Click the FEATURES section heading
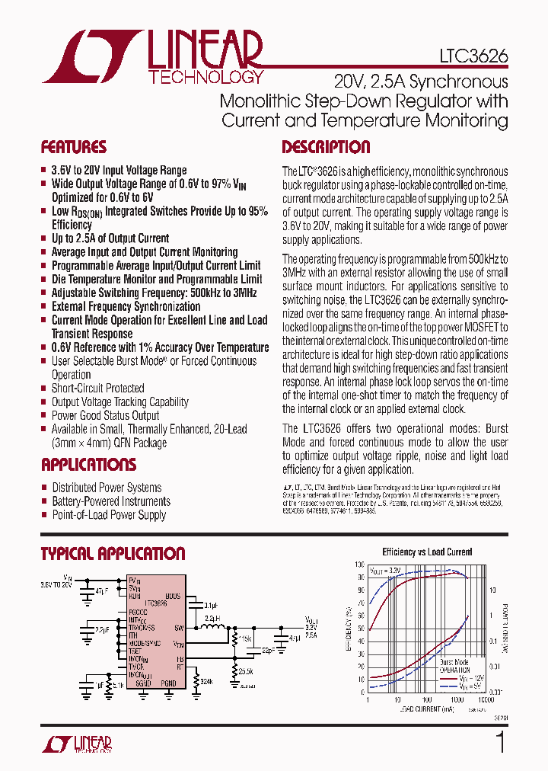(74, 147)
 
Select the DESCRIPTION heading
(326, 147)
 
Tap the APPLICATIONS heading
(88, 465)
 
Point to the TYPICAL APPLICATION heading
(113, 554)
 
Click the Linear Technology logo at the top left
(153, 57)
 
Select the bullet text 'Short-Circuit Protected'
(97, 389)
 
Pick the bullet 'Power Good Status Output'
(105, 416)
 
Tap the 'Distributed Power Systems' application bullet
(107, 488)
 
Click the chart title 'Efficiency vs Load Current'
(427, 552)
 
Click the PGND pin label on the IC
(168, 684)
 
